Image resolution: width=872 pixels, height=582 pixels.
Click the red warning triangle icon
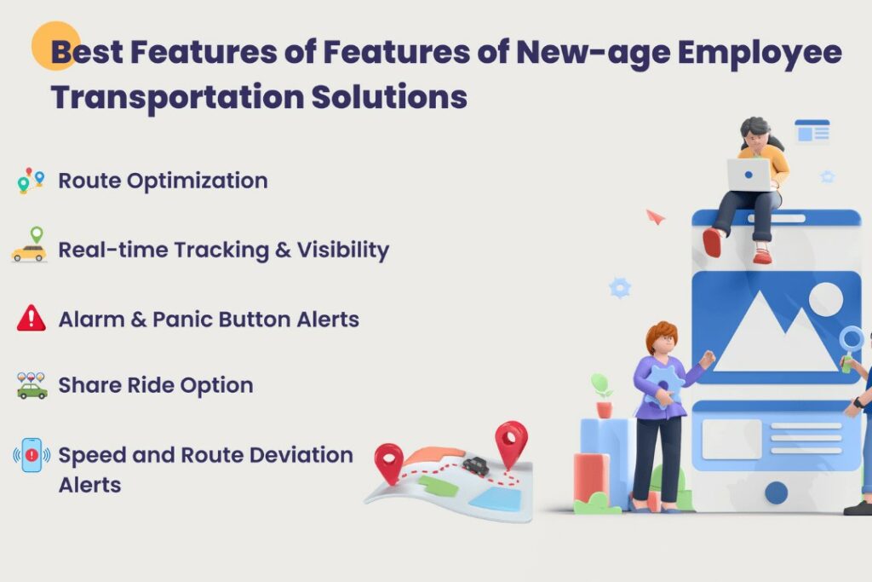coord(31,318)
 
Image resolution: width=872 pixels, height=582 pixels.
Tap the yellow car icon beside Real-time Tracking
coord(30,251)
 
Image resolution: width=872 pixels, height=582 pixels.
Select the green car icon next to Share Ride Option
coord(32,387)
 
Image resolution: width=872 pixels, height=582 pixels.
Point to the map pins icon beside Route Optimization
coord(30,180)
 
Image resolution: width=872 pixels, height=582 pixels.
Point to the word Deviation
coord(297,455)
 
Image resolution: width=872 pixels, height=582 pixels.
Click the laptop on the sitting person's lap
coord(749,175)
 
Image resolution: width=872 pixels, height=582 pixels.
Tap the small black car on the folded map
coord(476,465)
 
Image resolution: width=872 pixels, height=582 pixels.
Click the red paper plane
coord(654,216)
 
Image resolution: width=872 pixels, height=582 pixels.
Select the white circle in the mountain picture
coord(825,299)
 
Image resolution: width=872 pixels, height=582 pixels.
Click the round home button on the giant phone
coord(776,492)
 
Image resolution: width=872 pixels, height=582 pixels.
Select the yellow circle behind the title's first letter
coord(55,44)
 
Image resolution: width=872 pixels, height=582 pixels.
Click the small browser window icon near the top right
coord(812,132)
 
